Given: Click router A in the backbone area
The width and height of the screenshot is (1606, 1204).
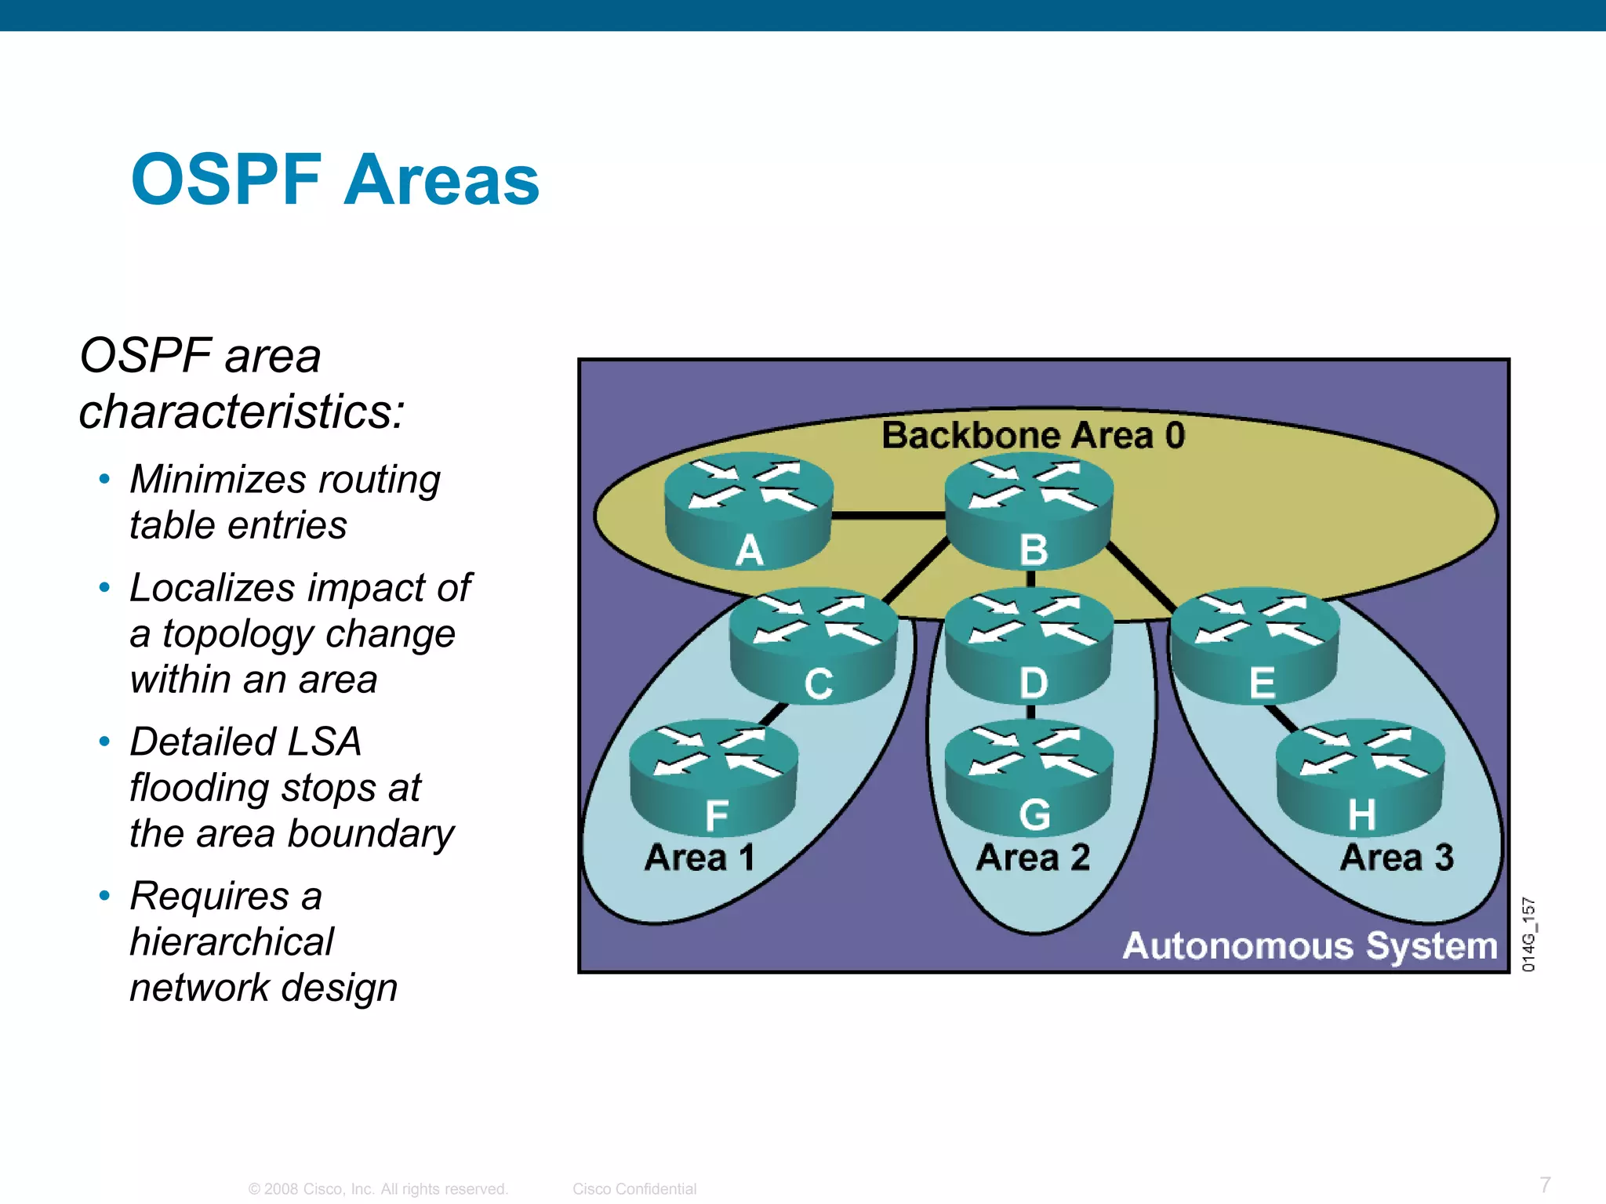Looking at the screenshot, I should tap(749, 511).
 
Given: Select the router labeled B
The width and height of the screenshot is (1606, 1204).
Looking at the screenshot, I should tap(1030, 511).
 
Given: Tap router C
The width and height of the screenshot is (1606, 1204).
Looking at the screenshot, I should tap(815, 646).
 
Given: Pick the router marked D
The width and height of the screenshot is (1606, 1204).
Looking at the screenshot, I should tap(1030, 646).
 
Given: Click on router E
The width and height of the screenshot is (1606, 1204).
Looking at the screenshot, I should tap(1255, 646).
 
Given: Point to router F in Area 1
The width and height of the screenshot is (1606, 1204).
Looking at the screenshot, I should tap(714, 778).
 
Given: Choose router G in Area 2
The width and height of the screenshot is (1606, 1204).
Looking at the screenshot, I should tap(1030, 778).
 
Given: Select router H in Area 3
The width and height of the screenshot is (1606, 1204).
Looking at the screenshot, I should tap(1361, 778).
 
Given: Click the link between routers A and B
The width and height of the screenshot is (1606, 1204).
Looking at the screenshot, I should tap(888, 516).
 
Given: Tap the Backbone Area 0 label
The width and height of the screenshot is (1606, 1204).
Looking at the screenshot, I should tap(1033, 435).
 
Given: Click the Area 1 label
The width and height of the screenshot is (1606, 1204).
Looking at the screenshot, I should tap(699, 857).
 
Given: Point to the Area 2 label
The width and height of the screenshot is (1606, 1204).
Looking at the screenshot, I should tap(1033, 857).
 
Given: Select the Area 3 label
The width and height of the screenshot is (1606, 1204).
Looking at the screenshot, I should tap(1397, 857).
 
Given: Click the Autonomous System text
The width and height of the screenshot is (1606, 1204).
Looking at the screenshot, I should tap(1310, 945).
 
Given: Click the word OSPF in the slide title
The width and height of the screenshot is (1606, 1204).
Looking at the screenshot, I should tap(227, 180).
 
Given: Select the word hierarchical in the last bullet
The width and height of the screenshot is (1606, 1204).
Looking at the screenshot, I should tap(232, 941).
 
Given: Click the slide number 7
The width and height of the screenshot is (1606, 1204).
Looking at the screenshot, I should tap(1544, 1184).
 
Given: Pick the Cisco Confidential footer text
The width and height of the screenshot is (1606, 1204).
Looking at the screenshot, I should tap(634, 1188).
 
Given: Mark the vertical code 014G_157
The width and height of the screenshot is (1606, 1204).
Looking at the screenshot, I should tap(1529, 934).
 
